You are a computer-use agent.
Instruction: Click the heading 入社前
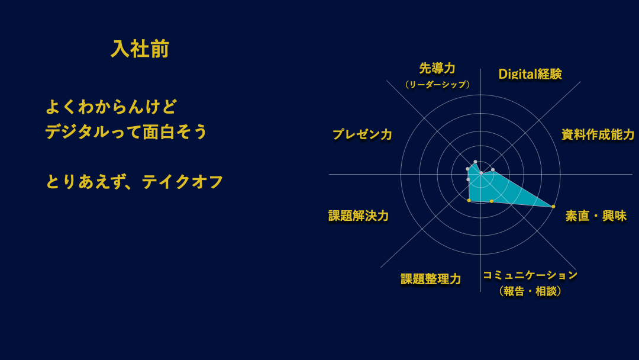pyautogui.click(x=140, y=49)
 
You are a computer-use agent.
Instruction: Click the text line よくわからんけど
pyautogui.click(x=111, y=107)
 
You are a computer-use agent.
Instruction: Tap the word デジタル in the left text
pyautogui.click(x=77, y=132)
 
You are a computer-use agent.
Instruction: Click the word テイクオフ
pyautogui.click(x=182, y=182)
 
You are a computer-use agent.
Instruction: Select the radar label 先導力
pyautogui.click(x=437, y=69)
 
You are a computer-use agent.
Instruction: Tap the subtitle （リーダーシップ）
pyautogui.click(x=437, y=85)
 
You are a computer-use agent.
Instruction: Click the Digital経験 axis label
pyautogui.click(x=530, y=74)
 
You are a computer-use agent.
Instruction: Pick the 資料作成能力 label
pyautogui.click(x=598, y=134)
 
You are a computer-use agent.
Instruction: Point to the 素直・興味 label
pyautogui.click(x=595, y=216)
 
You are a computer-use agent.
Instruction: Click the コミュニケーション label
pyautogui.click(x=530, y=275)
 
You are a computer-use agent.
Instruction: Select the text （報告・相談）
pyautogui.click(x=530, y=291)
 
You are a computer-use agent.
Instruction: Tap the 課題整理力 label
pyautogui.click(x=430, y=279)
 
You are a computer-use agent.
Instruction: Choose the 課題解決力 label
pyautogui.click(x=358, y=216)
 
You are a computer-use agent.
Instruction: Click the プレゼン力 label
pyautogui.click(x=362, y=134)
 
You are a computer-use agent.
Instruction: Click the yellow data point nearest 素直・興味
pyautogui.click(x=553, y=207)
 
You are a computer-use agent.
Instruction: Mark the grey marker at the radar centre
pyautogui.click(x=481, y=173)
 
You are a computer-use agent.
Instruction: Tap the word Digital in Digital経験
pyautogui.click(x=517, y=74)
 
